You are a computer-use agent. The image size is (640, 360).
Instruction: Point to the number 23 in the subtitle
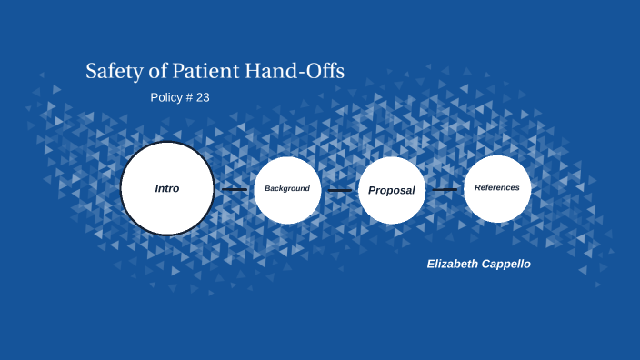tap(203, 97)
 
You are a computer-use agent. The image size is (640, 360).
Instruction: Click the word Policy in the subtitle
tap(165, 97)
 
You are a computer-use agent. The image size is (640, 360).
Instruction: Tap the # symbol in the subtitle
tap(188, 97)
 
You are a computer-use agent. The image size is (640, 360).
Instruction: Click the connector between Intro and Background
tap(235, 190)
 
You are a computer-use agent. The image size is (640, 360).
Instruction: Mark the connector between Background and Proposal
tap(339, 190)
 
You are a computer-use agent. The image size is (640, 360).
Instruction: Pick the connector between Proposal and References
tap(445, 190)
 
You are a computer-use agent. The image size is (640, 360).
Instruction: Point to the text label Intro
tap(167, 188)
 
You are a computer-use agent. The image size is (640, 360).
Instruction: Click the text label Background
tap(287, 188)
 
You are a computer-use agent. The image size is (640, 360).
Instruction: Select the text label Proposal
tap(392, 190)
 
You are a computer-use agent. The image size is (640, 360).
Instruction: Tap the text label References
tap(497, 187)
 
